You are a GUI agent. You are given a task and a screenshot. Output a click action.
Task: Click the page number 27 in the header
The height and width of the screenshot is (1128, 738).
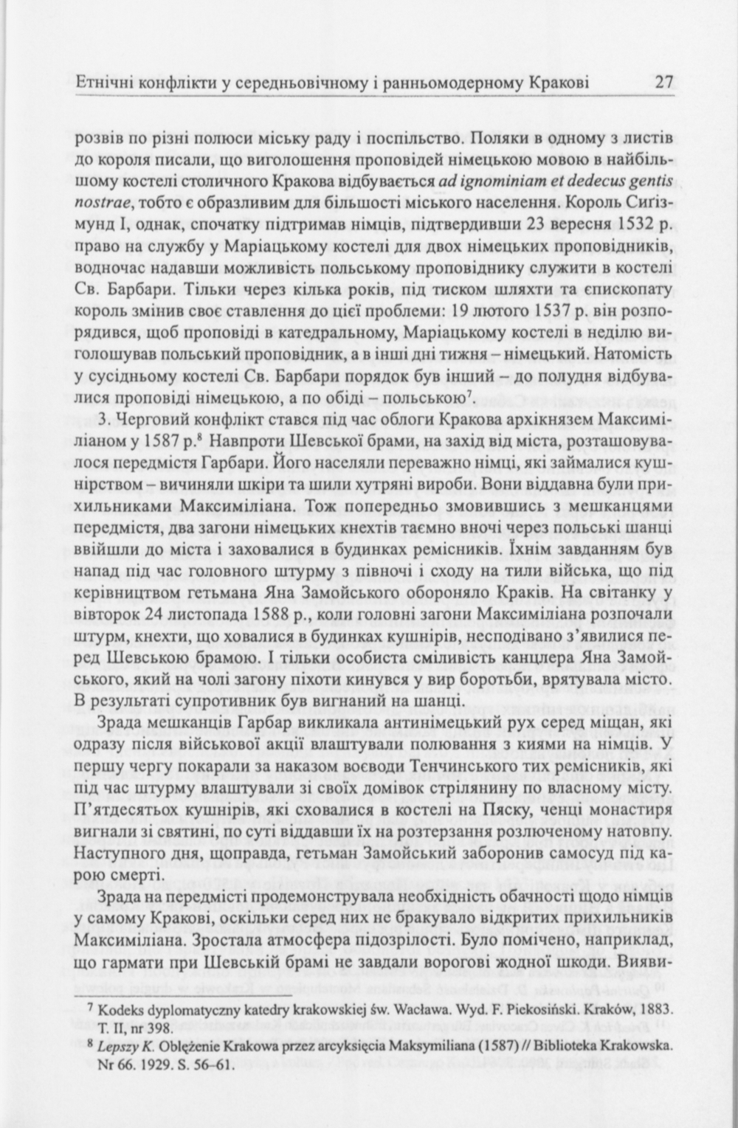click(663, 82)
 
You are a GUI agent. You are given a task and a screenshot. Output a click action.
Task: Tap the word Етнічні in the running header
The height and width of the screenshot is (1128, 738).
click(101, 82)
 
